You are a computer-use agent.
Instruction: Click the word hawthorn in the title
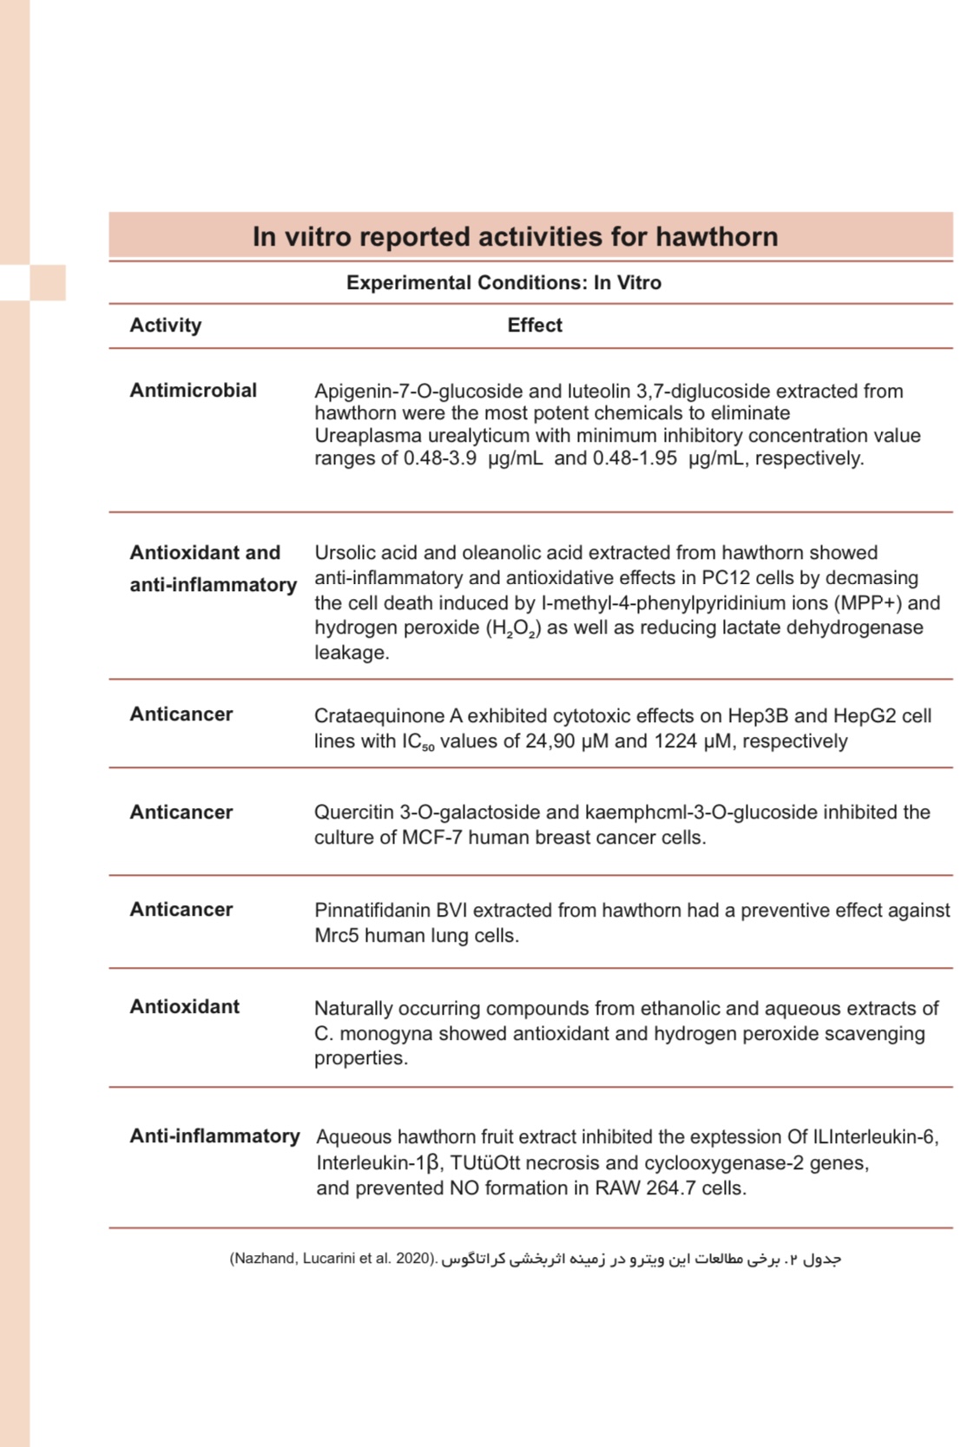[x=716, y=236]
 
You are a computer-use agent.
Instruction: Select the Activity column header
[x=165, y=326]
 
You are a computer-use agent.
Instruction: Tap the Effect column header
[x=535, y=326]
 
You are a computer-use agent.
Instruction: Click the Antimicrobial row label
[x=193, y=391]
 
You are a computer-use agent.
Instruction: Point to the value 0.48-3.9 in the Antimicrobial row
[x=439, y=458]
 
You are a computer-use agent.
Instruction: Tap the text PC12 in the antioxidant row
[x=727, y=578]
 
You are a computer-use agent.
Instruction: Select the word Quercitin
[x=353, y=812]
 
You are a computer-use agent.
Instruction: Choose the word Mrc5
[x=336, y=936]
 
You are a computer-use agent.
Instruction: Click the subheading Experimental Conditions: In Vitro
[x=503, y=283]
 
